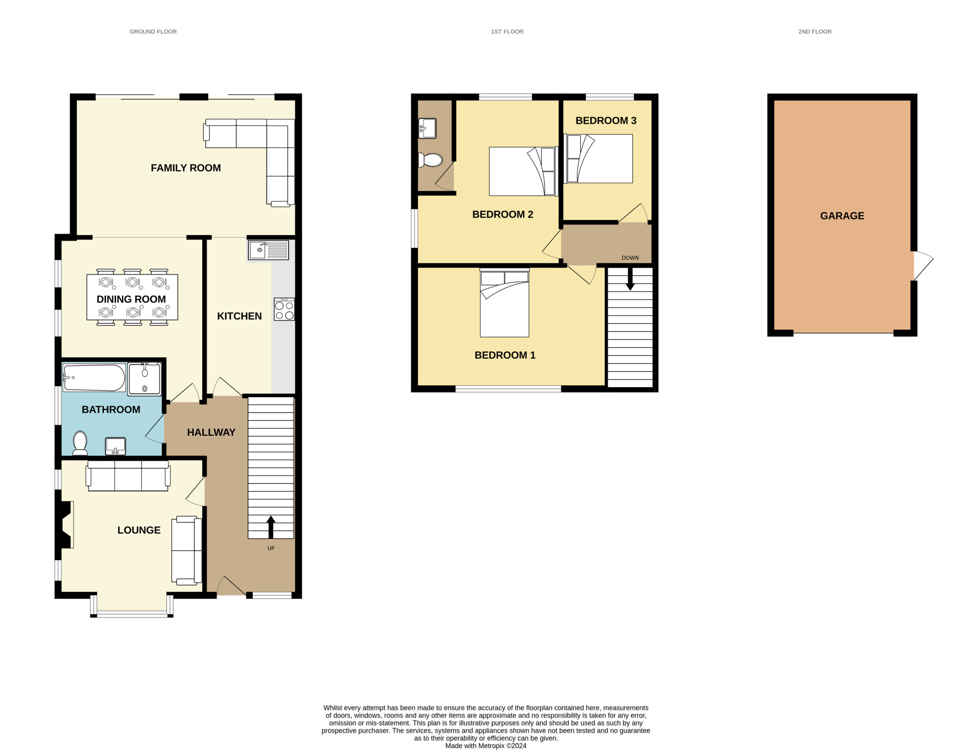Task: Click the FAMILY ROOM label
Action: pos(186,168)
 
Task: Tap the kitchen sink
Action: pos(268,250)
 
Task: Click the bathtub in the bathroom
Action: pos(94,377)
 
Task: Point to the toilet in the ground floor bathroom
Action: pos(80,443)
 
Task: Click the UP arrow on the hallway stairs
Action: pos(271,527)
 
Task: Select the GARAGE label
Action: pos(842,216)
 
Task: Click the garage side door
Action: pos(923,266)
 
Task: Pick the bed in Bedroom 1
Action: pos(504,303)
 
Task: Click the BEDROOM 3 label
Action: pos(606,121)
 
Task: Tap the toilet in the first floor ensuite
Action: pos(430,160)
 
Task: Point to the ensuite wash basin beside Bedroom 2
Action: pos(427,129)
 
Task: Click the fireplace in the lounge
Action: pos(65,525)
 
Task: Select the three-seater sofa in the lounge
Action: pos(128,476)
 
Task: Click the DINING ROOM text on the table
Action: pos(131,299)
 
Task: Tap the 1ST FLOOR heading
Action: pos(507,32)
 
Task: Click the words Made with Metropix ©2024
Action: pos(486,745)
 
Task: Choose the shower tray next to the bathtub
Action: pos(145,379)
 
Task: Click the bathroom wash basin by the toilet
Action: pos(115,446)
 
